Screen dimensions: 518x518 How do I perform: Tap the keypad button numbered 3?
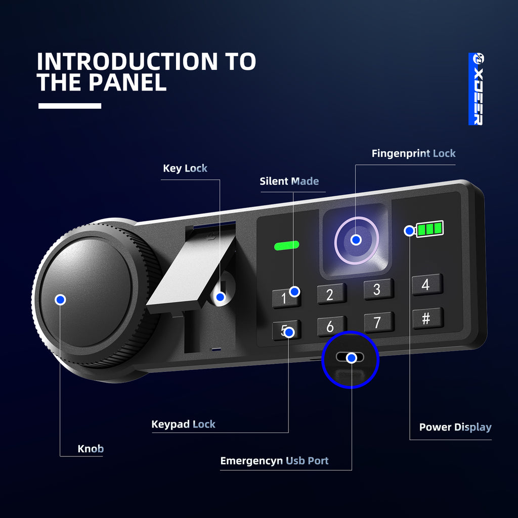tap(378, 289)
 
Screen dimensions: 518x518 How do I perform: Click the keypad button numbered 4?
tap(427, 284)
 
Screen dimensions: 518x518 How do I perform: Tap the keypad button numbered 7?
tap(379, 322)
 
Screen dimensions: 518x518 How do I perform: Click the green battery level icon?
tap(429, 229)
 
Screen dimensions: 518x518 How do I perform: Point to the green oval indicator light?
tap(286, 245)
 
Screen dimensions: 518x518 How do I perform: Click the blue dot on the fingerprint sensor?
tap(356, 240)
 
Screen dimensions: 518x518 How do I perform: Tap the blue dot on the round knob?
tap(60, 299)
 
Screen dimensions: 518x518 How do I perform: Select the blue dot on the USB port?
tap(352, 358)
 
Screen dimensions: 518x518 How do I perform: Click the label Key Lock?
tap(185, 168)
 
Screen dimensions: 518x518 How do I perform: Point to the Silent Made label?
tap(289, 181)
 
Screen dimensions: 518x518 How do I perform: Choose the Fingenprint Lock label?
tap(414, 153)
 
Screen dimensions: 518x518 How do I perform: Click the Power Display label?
tap(455, 427)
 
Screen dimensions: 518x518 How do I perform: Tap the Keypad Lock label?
tap(183, 424)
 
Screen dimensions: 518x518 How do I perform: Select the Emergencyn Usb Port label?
tap(274, 461)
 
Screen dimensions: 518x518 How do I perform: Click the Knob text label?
tap(91, 449)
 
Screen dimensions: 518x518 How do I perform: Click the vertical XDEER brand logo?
tap(476, 89)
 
